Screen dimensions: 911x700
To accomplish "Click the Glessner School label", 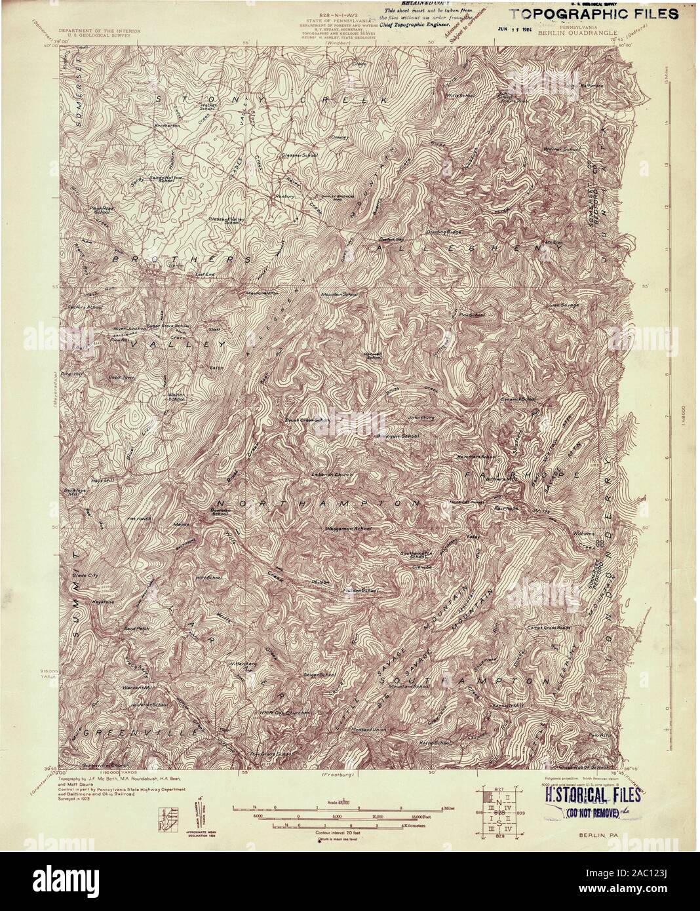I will pyautogui.click(x=300, y=155).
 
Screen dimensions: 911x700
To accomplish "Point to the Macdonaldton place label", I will pyautogui.click(x=264, y=292).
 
